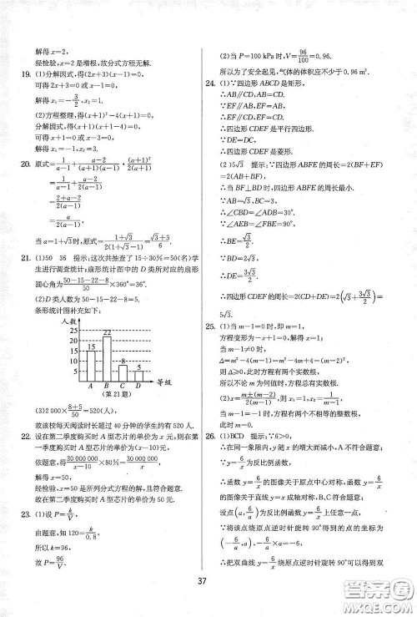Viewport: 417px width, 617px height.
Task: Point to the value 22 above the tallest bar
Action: (107, 334)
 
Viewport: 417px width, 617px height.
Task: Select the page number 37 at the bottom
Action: (208, 592)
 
